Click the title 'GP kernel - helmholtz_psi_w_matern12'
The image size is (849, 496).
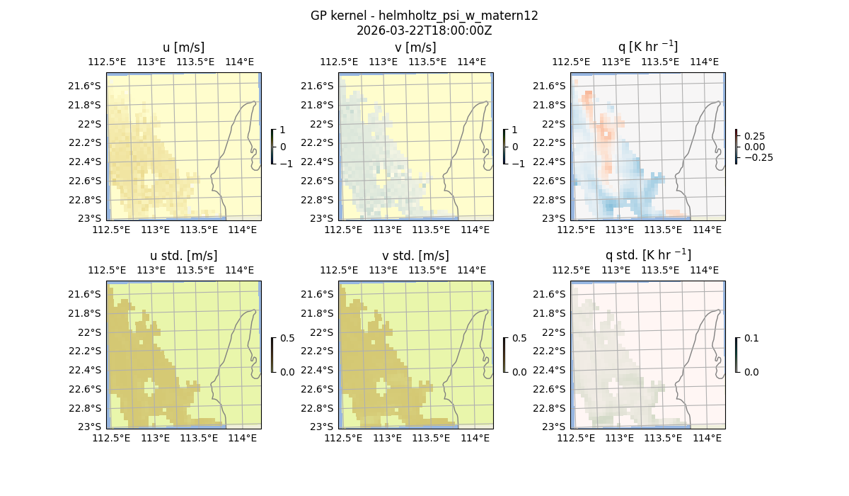click(x=424, y=16)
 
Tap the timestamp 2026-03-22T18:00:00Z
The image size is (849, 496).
click(x=424, y=30)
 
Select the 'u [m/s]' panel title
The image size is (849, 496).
click(x=184, y=47)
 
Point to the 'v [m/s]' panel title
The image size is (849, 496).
click(x=416, y=47)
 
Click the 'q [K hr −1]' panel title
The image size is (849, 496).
click(x=647, y=47)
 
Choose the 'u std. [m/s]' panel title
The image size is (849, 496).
click(x=184, y=256)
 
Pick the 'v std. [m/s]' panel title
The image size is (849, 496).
click(x=416, y=256)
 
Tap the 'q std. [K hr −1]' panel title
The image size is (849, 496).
click(x=647, y=255)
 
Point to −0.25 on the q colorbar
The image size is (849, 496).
click(x=755, y=157)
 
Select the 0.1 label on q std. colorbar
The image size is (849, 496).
click(x=751, y=339)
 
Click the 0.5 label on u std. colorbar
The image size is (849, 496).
click(x=287, y=339)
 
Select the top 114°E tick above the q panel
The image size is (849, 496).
click(x=703, y=62)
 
